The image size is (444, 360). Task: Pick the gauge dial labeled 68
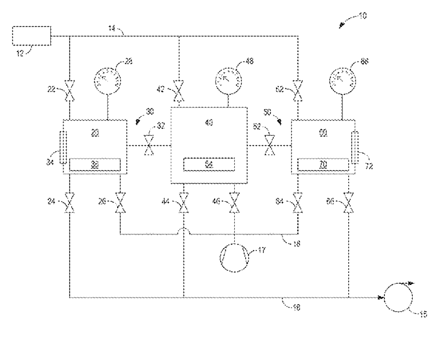[x=344, y=80]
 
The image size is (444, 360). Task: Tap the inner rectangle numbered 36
[x=95, y=164]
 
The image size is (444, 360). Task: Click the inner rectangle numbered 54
[x=209, y=164]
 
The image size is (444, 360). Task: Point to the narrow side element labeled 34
[x=62, y=147]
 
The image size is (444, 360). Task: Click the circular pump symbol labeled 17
[x=234, y=256]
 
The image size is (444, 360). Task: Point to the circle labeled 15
[x=400, y=298]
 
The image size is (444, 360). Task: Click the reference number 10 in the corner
[x=361, y=16]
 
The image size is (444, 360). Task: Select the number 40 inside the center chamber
[x=209, y=124]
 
